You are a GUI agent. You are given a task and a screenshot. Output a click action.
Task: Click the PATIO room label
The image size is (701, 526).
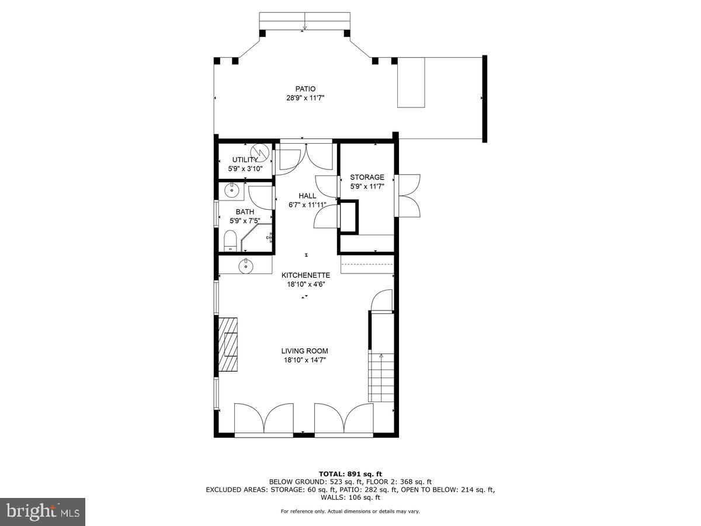(305, 89)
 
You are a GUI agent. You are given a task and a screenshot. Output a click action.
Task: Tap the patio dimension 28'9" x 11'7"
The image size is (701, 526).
(305, 98)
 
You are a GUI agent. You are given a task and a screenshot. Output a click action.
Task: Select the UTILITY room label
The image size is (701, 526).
(245, 160)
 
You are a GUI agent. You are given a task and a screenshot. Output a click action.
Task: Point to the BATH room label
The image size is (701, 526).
(245, 212)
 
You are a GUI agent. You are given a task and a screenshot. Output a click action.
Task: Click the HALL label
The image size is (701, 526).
(307, 196)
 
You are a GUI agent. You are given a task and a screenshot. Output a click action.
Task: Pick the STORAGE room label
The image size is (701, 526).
(367, 177)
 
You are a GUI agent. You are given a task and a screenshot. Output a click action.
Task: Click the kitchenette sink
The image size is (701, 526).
(246, 266)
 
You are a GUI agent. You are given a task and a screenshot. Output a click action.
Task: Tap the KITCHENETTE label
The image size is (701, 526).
(306, 275)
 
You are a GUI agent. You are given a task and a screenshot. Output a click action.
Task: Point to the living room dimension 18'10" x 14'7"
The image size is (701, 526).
(304, 360)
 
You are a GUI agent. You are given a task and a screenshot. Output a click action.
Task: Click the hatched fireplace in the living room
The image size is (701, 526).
(228, 344)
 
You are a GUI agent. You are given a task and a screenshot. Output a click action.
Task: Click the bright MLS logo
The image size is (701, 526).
(43, 512)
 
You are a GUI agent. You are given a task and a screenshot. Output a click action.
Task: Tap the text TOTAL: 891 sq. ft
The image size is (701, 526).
(350, 473)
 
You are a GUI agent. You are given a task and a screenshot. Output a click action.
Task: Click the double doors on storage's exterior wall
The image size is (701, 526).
(408, 195)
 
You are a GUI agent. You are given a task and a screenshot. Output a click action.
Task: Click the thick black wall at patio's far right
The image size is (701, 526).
(484, 98)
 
